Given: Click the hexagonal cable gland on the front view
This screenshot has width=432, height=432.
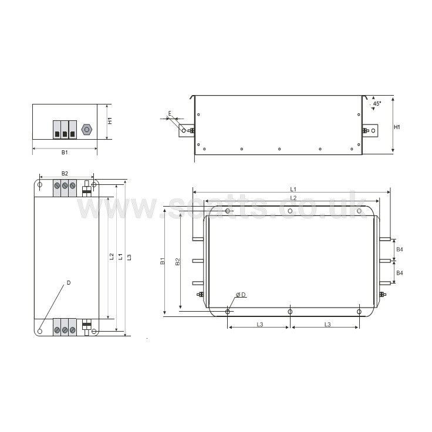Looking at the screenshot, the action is [x=86, y=129].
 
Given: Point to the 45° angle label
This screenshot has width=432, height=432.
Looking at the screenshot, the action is [x=377, y=103].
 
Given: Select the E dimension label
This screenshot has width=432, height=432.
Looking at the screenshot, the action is [x=170, y=113].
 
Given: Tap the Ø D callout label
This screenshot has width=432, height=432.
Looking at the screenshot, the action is [x=241, y=295].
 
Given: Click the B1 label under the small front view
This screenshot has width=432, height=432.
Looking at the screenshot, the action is [x=65, y=153].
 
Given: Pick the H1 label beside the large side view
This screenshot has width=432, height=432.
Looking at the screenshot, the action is [x=397, y=127].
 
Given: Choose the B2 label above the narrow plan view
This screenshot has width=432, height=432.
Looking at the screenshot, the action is [x=65, y=174].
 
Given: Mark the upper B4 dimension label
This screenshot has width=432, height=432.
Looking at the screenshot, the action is [x=400, y=249].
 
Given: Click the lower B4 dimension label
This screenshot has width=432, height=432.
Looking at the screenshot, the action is [x=400, y=273].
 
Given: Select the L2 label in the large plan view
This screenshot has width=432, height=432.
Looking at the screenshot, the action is [x=293, y=198].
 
